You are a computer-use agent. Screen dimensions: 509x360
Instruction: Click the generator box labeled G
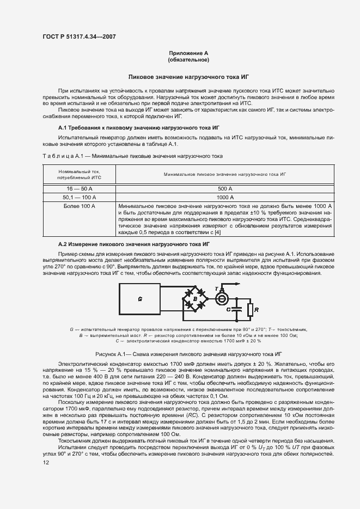(140, 299)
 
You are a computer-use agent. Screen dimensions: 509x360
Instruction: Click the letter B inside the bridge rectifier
(195, 299)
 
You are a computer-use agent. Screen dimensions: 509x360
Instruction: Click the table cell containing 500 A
(224, 188)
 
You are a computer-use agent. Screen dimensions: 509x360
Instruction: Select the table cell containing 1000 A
(224, 197)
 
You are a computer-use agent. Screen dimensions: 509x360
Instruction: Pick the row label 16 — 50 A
(79, 188)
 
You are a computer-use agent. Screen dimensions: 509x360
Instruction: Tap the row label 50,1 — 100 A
(79, 197)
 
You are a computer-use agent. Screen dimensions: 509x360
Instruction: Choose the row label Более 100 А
(79, 207)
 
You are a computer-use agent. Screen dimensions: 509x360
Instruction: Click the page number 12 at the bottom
(46, 463)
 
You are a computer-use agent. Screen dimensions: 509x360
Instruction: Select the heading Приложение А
(189, 53)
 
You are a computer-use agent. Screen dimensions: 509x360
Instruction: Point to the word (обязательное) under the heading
(189, 59)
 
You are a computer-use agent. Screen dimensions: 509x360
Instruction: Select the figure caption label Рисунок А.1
(111, 353)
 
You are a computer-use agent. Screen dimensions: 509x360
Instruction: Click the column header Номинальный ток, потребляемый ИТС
(79, 174)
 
